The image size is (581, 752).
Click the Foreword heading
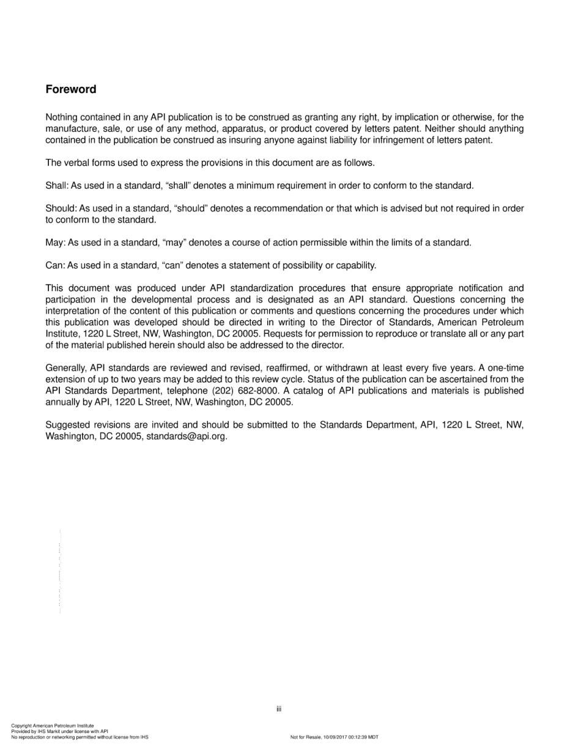(71, 89)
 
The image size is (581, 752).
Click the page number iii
(278, 709)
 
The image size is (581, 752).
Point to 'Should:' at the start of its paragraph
(61, 208)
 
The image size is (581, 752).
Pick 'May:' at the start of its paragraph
(55, 243)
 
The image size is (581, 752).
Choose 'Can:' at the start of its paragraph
(55, 265)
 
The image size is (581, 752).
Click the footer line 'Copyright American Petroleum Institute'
(53, 726)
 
